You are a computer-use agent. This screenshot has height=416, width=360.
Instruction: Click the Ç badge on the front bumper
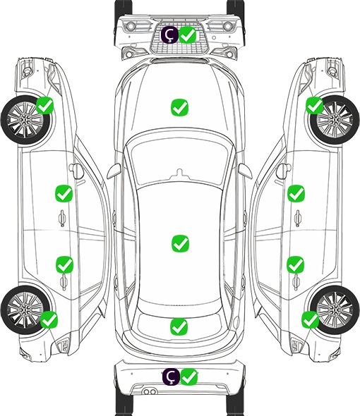pyautogui.click(x=170, y=35)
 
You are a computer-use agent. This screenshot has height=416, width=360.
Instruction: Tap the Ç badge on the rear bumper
pyautogui.click(x=171, y=377)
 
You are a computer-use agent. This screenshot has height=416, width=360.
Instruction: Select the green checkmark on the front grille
pyautogui.click(x=188, y=35)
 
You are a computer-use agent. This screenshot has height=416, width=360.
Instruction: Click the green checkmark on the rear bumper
pyautogui.click(x=189, y=377)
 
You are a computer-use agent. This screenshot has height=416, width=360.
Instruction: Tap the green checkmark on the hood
pyautogui.click(x=179, y=107)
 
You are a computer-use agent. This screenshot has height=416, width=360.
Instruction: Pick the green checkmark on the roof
pyautogui.click(x=181, y=243)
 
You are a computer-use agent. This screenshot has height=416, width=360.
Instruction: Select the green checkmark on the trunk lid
pyautogui.click(x=179, y=326)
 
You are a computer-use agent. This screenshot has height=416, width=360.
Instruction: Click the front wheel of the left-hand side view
pyautogui.click(x=26, y=120)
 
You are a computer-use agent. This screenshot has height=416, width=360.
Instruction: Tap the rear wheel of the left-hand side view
pyautogui.click(x=25, y=310)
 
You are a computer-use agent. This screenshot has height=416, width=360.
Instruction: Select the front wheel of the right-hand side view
pyautogui.click(x=335, y=120)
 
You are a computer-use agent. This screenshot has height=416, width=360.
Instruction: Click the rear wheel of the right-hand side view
pyautogui.click(x=335, y=310)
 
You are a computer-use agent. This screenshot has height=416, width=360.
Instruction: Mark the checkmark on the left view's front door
pyautogui.click(x=64, y=193)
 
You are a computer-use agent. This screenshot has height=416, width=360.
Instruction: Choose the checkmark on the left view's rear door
pyautogui.click(x=64, y=264)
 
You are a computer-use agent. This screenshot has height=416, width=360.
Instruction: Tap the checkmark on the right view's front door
pyautogui.click(x=296, y=193)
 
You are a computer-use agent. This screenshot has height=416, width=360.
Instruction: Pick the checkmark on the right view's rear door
pyautogui.click(x=296, y=264)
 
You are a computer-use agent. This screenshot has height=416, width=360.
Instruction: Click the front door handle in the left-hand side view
pyautogui.click(x=62, y=218)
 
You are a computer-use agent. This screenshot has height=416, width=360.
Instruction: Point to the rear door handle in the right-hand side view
pyautogui.click(x=296, y=282)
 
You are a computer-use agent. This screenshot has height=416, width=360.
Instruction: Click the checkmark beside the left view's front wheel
pyautogui.click(x=45, y=105)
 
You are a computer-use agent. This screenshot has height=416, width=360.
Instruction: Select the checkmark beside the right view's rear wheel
pyautogui.click(x=311, y=319)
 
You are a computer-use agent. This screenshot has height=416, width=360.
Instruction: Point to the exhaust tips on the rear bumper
pyautogui.click(x=150, y=392)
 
